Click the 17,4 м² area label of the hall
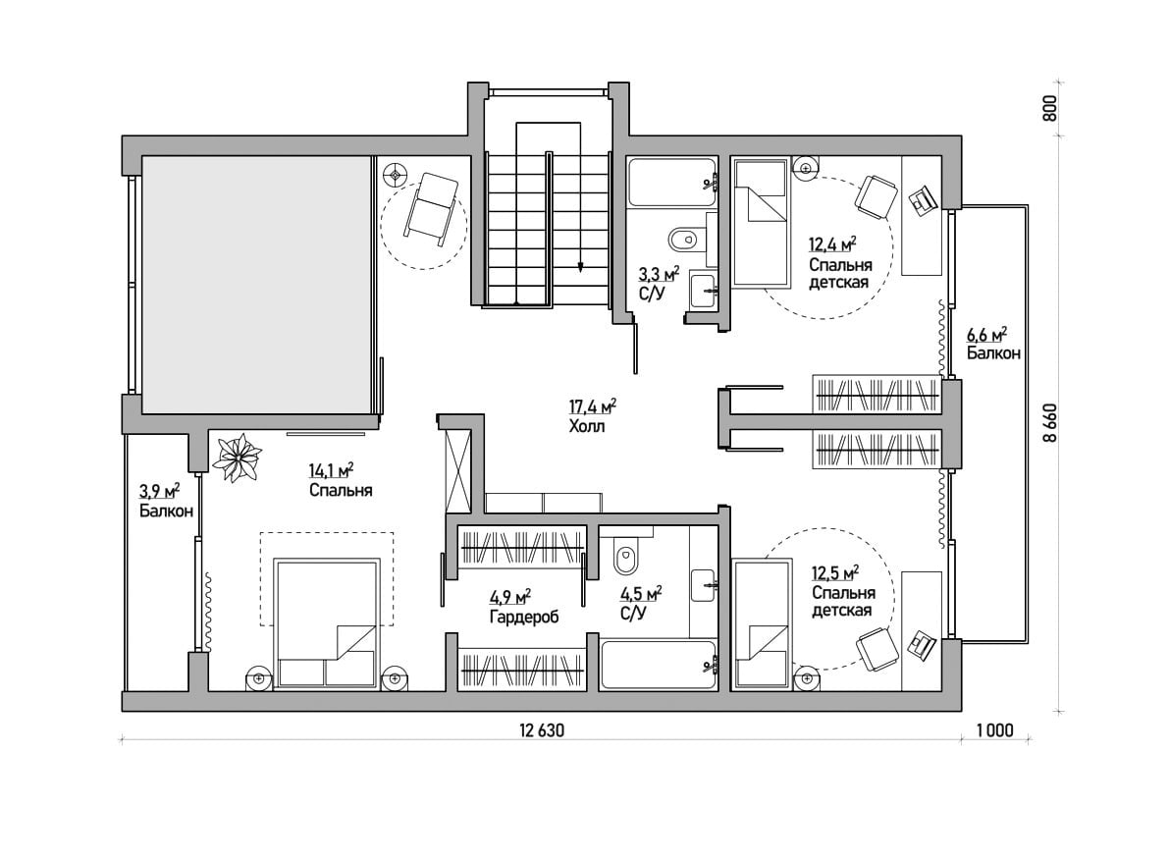(x=593, y=406)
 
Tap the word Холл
(x=587, y=427)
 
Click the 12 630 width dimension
(x=543, y=730)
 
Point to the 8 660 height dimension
(x=1049, y=423)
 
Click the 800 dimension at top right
(x=1049, y=109)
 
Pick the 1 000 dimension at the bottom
(x=995, y=730)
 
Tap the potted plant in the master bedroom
(x=238, y=458)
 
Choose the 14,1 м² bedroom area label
(x=331, y=470)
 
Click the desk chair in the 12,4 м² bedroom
(x=876, y=195)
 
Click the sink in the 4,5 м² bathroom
(x=704, y=585)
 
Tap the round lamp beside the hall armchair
(x=396, y=176)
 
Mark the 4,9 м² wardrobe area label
(x=510, y=597)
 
